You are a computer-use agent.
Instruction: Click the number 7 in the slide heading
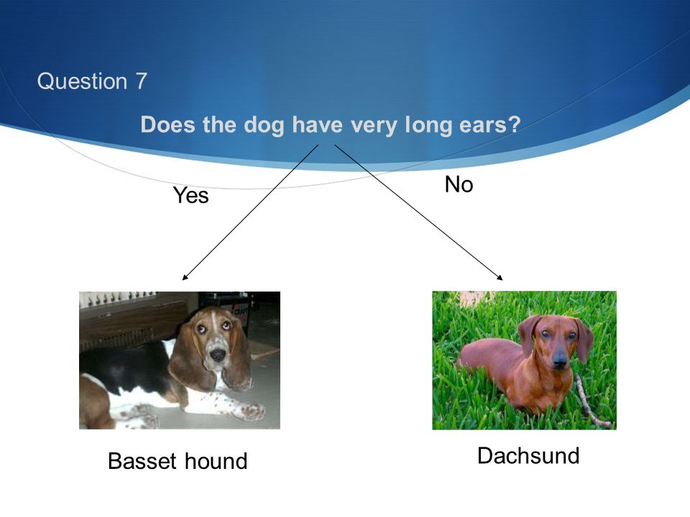click(x=141, y=81)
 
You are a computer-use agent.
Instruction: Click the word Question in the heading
click(x=82, y=81)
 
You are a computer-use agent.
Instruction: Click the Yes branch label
click(x=190, y=195)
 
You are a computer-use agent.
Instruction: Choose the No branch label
click(x=459, y=185)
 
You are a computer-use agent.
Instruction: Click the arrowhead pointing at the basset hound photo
click(x=185, y=277)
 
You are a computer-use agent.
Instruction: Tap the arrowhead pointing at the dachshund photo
click(x=500, y=277)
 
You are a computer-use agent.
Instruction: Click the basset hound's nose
click(x=217, y=353)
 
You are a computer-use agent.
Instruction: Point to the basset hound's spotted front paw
click(x=251, y=410)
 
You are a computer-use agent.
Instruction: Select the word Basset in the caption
click(x=142, y=461)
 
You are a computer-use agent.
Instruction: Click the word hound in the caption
click(x=216, y=461)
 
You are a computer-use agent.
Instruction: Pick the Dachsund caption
click(x=528, y=455)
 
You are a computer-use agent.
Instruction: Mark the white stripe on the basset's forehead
click(x=214, y=322)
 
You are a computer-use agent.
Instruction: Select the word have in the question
click(x=317, y=124)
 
